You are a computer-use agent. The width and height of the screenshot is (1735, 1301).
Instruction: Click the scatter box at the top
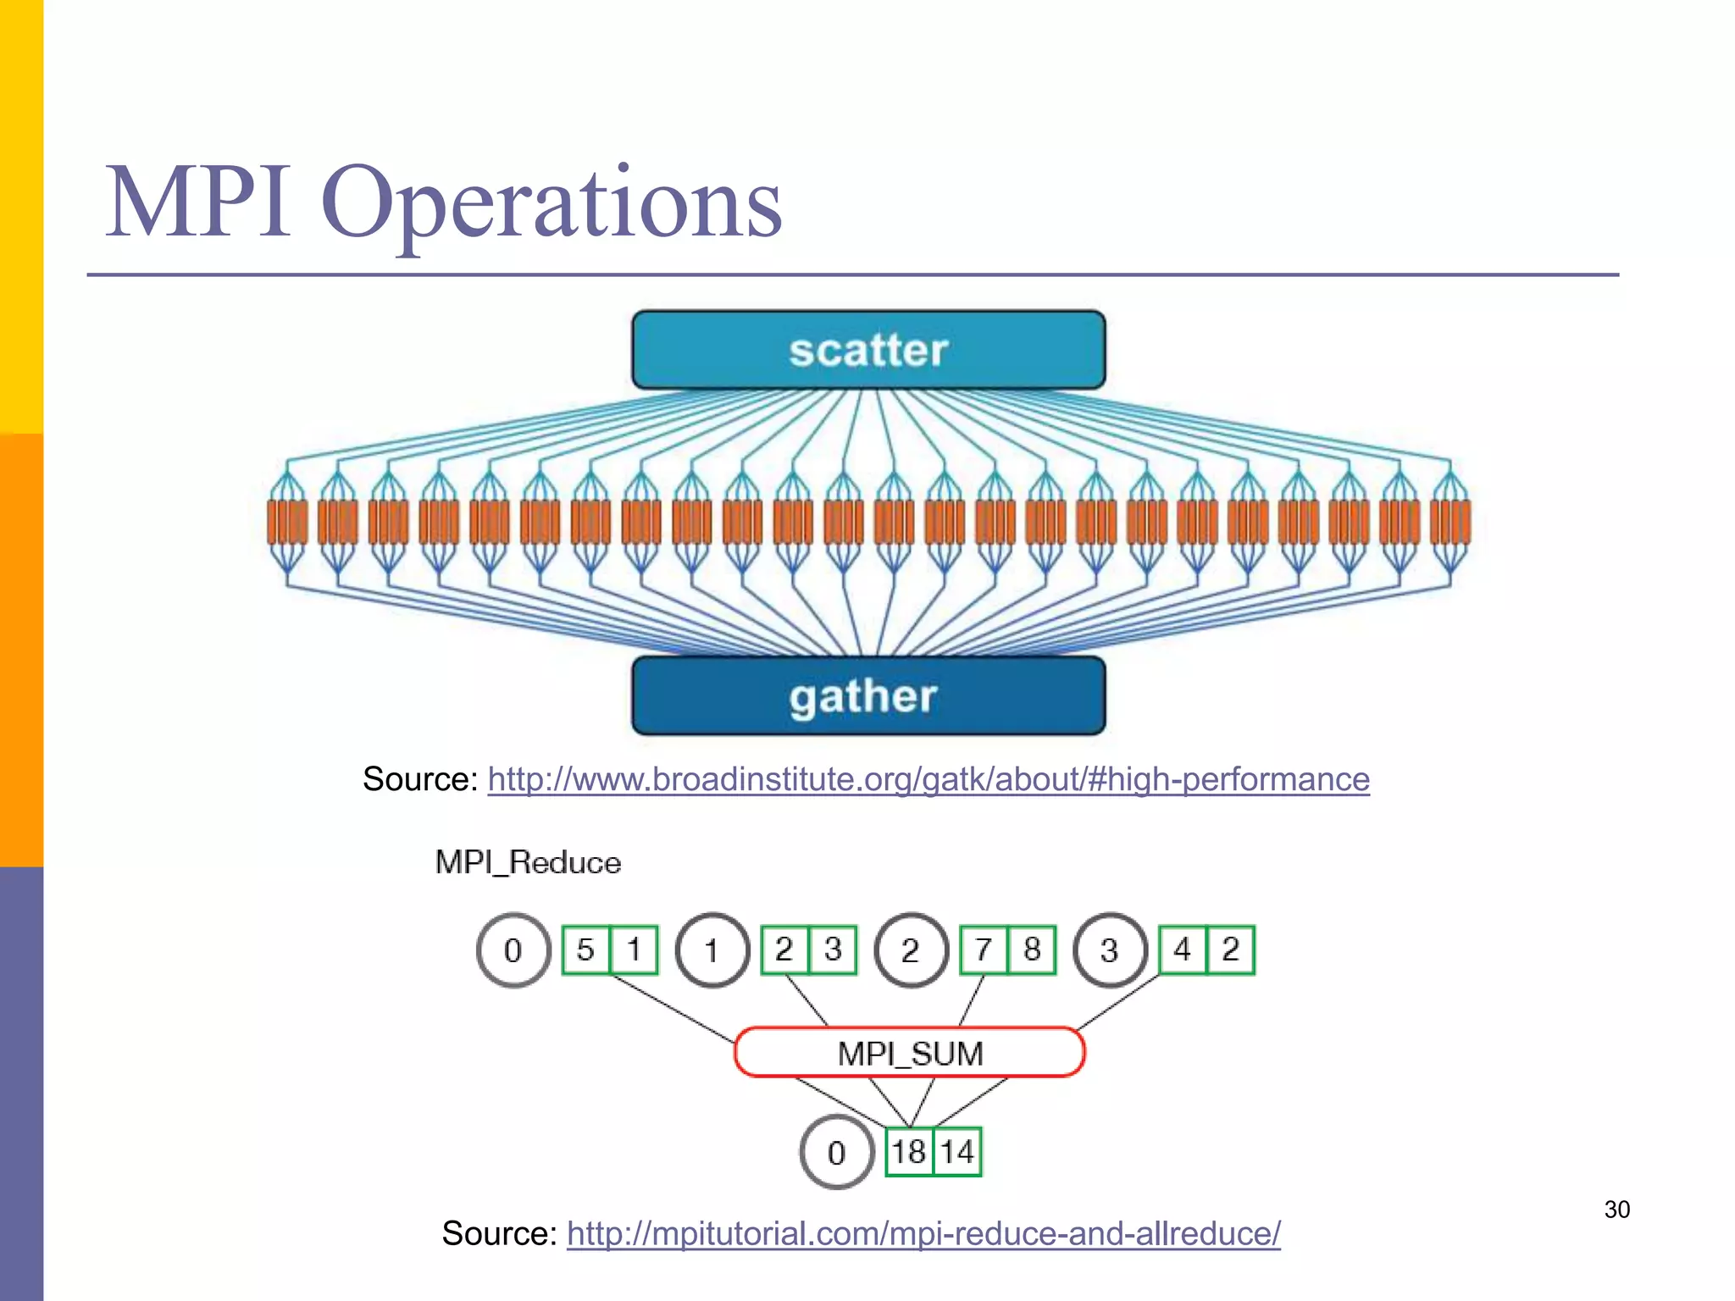(x=868, y=350)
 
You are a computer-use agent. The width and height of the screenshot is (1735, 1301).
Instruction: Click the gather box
(x=868, y=695)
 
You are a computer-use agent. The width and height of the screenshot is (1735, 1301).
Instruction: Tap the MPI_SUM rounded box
(x=909, y=1053)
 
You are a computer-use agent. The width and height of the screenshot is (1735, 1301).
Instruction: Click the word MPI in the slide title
(x=199, y=203)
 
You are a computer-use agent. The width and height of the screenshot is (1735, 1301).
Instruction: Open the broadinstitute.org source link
(x=928, y=779)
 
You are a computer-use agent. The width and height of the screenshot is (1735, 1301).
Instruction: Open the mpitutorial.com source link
(x=923, y=1233)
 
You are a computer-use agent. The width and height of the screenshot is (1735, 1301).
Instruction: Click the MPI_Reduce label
(x=528, y=862)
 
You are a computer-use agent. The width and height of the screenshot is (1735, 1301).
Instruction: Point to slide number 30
(x=1616, y=1210)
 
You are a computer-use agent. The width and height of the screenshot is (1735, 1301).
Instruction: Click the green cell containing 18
(x=909, y=1152)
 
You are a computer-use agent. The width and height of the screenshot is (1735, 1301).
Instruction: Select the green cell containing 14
(x=957, y=1152)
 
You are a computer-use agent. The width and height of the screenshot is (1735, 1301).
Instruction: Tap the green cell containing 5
(x=585, y=949)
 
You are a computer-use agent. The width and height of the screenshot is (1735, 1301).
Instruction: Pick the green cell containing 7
(x=983, y=949)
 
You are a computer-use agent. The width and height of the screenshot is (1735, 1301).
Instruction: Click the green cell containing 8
(x=1032, y=949)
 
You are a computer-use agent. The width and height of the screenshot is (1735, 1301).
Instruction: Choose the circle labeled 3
(x=1109, y=949)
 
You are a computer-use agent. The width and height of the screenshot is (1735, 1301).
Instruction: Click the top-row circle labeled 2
(x=910, y=949)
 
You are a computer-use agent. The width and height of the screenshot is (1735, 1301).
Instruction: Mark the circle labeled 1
(x=712, y=949)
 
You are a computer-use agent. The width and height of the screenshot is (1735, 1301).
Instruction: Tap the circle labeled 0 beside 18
(x=836, y=1152)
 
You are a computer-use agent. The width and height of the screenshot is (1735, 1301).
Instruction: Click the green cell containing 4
(x=1182, y=949)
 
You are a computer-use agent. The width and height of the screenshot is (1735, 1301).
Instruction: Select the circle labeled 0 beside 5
(x=513, y=949)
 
